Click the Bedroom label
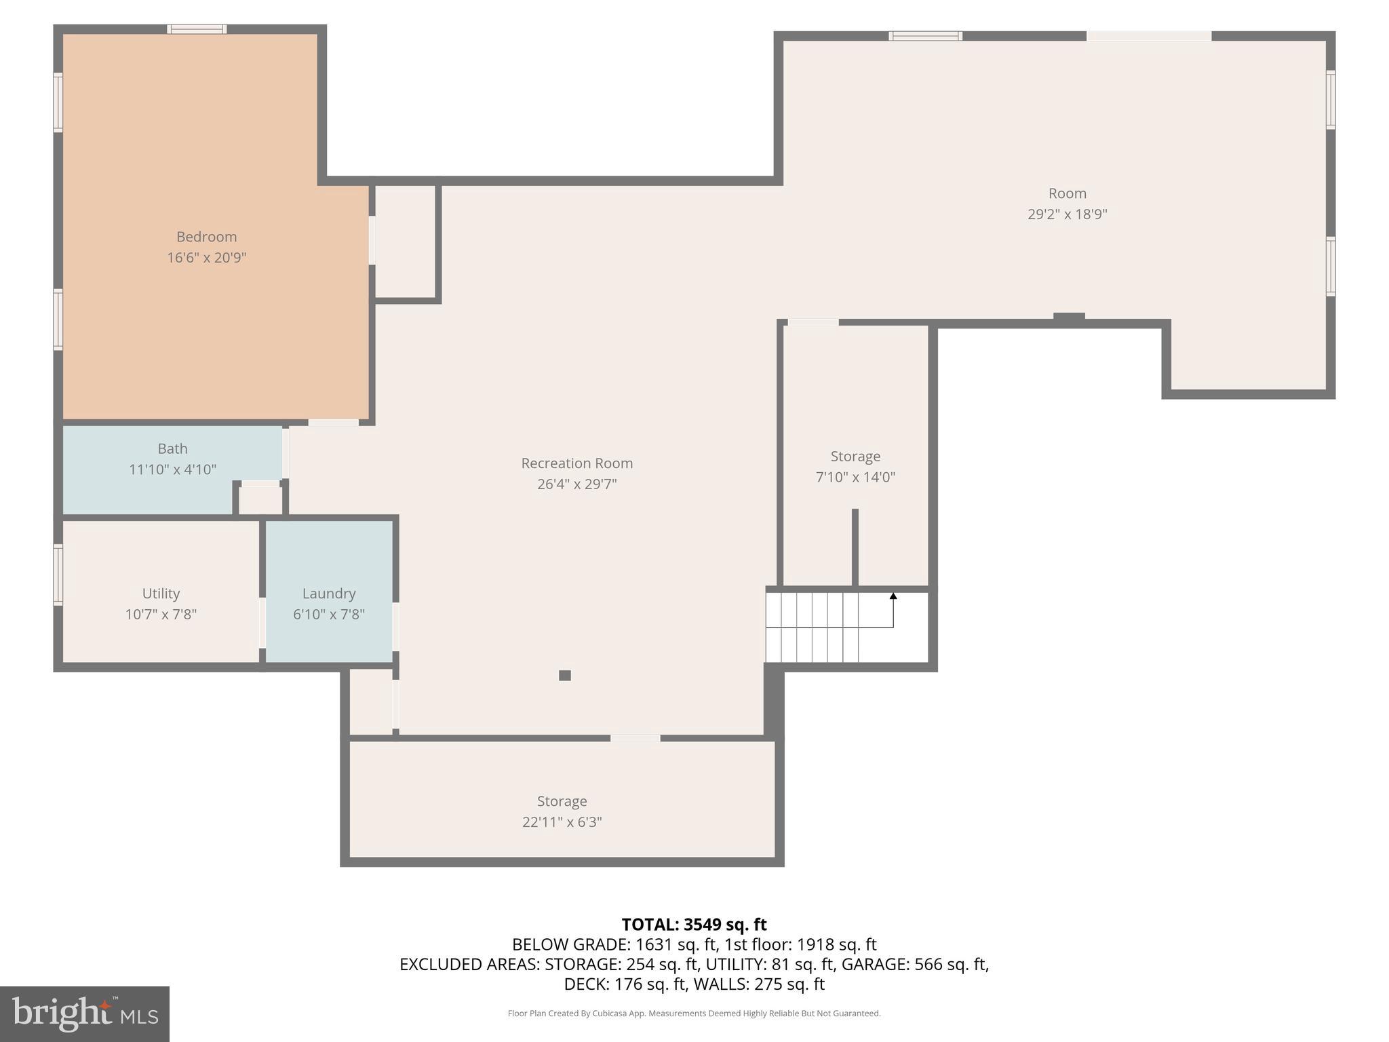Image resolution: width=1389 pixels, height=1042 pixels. click(206, 237)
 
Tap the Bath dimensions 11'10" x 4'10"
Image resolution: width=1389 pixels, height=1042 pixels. click(172, 469)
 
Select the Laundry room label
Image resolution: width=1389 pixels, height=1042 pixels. click(329, 594)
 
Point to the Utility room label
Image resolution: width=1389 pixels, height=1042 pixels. click(161, 594)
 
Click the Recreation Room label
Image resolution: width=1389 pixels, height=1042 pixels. click(576, 463)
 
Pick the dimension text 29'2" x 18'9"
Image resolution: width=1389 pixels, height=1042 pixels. click(1067, 214)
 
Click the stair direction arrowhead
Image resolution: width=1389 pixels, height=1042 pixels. click(893, 596)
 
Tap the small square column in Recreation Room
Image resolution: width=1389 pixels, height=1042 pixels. click(565, 675)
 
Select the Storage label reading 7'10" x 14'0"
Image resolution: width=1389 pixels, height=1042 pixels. click(855, 457)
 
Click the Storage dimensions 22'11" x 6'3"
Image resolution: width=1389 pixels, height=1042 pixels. click(562, 822)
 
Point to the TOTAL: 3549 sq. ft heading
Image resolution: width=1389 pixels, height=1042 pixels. click(694, 925)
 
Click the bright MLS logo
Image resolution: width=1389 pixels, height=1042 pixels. click(84, 1014)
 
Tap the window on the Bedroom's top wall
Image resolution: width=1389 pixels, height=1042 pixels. click(197, 29)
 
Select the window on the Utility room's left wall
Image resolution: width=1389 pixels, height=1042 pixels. click(58, 575)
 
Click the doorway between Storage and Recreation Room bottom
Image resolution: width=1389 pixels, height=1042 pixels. click(635, 738)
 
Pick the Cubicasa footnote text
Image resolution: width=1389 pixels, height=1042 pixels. click(694, 1014)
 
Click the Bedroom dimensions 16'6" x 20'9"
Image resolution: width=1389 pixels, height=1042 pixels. click(206, 258)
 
